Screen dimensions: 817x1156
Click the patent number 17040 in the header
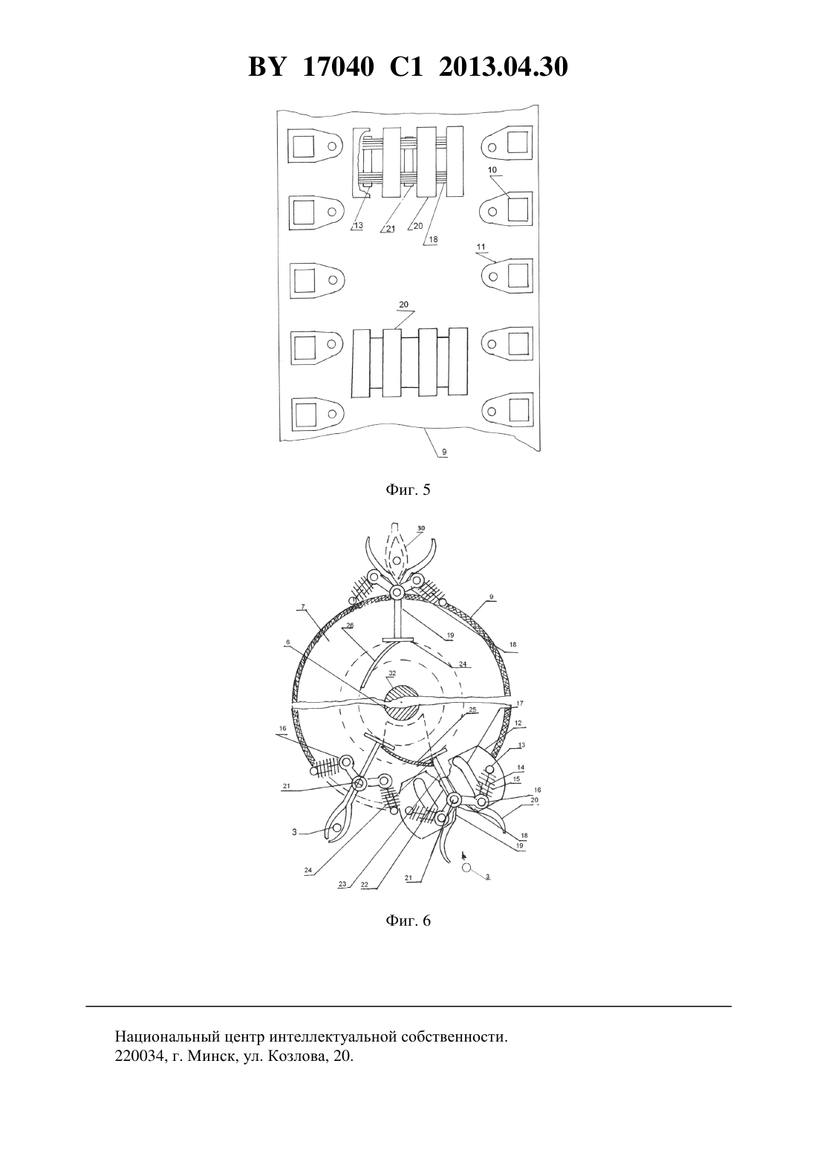pos(338,67)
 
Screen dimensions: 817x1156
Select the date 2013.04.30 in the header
pos(504,67)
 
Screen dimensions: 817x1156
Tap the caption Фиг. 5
pos(408,490)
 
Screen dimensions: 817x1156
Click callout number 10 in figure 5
pos(492,170)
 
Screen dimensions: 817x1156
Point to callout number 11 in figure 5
pos(481,247)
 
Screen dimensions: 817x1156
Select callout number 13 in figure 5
pos(358,226)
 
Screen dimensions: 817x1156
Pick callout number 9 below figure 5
pos(444,452)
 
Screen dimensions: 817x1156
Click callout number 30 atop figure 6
pos(421,528)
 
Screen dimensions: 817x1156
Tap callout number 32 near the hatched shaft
pos(392,674)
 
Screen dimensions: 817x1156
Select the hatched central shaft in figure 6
pos(403,702)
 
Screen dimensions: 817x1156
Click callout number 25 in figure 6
pos(472,709)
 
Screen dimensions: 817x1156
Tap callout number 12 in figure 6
pos(518,723)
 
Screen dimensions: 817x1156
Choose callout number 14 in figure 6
pos(521,768)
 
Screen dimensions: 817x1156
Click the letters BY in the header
pos(267,67)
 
